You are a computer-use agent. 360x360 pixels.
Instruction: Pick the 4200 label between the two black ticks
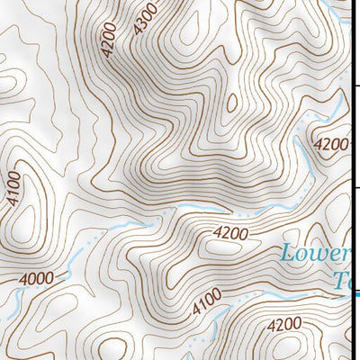pyautogui.click(x=330, y=143)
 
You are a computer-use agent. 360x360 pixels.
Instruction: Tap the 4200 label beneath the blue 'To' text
pyautogui.click(x=284, y=324)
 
